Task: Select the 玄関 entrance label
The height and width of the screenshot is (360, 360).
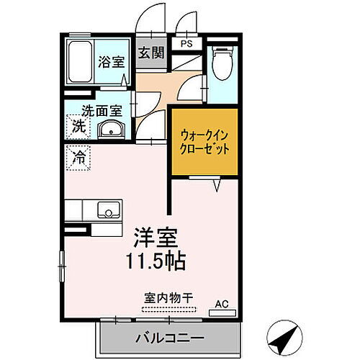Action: pyautogui.click(x=150, y=53)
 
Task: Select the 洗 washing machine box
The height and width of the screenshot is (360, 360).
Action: pyautogui.click(x=76, y=127)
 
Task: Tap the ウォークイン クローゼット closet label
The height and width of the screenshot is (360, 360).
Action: pyautogui.click(x=205, y=141)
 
